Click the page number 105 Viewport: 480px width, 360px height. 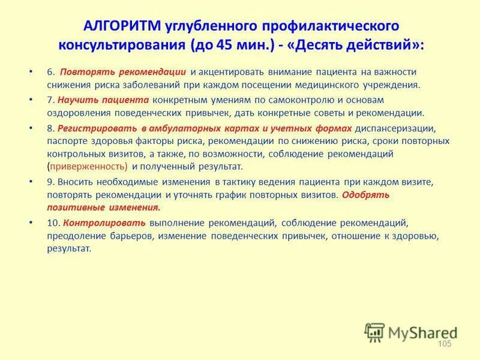[x=445, y=343]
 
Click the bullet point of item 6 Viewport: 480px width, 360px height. [x=31, y=72]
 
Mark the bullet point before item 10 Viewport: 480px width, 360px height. [x=31, y=223]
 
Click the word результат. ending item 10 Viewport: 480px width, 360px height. [x=70, y=248]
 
